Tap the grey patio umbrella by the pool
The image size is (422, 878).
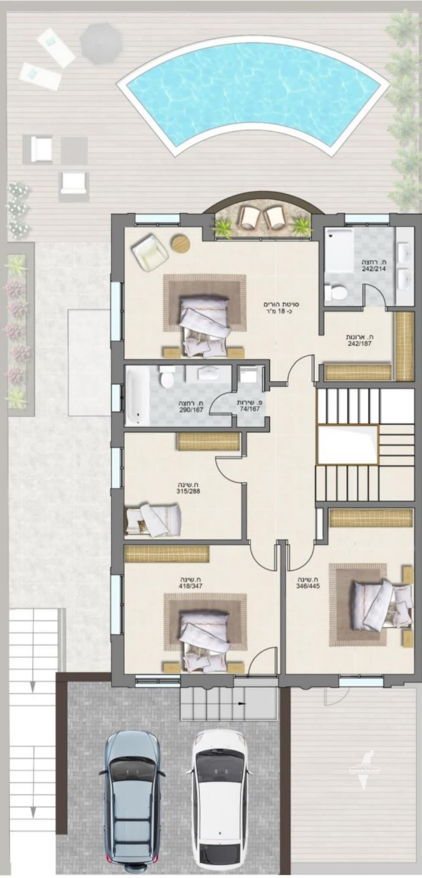101,43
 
